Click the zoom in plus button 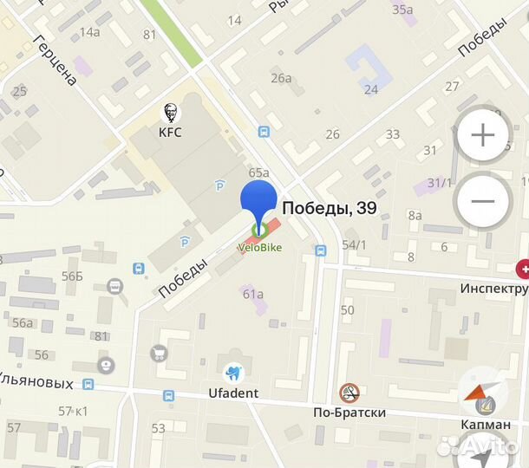(x=482, y=135)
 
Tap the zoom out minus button (x=482, y=201)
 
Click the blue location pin (x=258, y=204)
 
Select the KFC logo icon (x=170, y=112)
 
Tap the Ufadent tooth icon (x=232, y=374)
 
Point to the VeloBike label (x=259, y=247)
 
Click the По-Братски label (x=349, y=413)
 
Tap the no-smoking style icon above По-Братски (x=349, y=393)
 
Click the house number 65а (x=258, y=173)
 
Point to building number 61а (x=252, y=294)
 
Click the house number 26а (x=281, y=78)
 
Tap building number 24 (x=371, y=89)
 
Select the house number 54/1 (x=354, y=245)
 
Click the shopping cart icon (x=159, y=353)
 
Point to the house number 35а (x=402, y=10)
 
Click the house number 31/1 (x=438, y=183)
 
